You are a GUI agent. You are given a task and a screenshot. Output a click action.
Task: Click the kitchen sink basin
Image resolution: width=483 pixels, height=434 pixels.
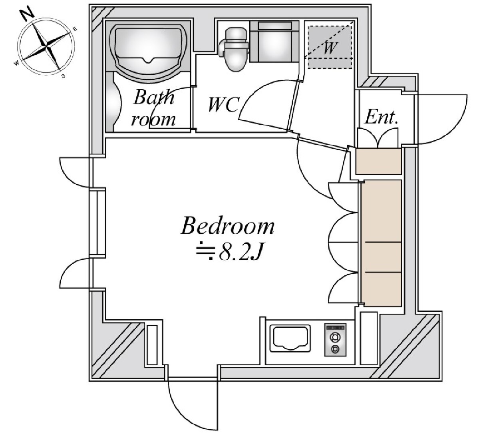coord(290,338)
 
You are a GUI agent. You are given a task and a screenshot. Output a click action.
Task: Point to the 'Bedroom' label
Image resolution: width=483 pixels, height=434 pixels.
coord(228,226)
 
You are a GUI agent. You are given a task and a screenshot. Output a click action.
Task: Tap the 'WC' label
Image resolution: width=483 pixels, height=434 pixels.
coord(223,105)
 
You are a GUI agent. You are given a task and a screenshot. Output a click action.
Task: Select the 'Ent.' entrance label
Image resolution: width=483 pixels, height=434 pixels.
coord(382,117)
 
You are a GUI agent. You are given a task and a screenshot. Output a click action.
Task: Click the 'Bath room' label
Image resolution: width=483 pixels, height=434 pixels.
coord(154,108)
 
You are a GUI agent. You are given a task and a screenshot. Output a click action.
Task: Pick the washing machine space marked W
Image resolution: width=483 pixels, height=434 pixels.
coord(329,46)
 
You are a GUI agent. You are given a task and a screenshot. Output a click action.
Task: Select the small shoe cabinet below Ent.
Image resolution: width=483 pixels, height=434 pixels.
coord(378,161)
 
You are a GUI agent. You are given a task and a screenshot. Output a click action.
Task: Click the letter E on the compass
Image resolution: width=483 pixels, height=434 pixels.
coord(75,28)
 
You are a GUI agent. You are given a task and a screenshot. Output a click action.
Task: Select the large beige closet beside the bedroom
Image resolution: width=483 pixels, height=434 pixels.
coord(381,243)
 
